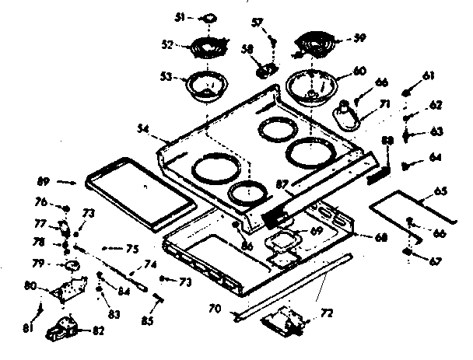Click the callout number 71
tap(384, 103)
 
